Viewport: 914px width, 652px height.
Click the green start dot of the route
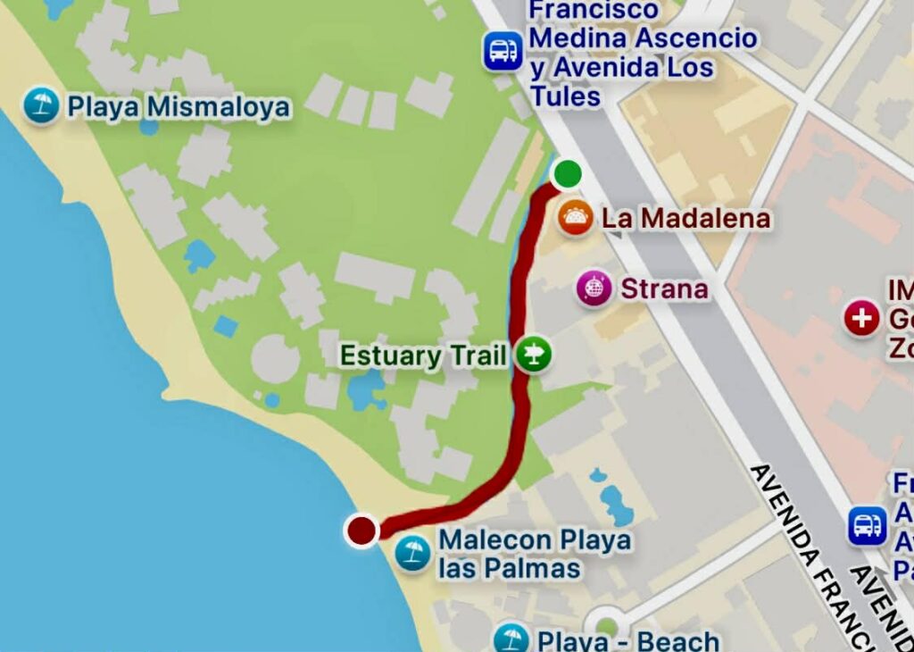(x=567, y=172)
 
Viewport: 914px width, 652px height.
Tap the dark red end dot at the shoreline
(x=361, y=531)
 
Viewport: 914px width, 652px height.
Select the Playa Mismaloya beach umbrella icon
(x=41, y=106)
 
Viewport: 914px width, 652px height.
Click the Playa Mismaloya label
(x=179, y=107)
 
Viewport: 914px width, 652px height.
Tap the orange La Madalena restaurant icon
(x=575, y=218)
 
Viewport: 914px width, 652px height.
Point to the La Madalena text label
(x=685, y=218)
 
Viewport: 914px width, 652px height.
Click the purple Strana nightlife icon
(x=594, y=288)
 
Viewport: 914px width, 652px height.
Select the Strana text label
(x=664, y=288)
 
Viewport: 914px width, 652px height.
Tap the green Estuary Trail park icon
(x=533, y=355)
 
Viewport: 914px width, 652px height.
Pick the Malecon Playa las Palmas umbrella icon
(x=412, y=553)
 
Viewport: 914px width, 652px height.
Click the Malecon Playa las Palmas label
(x=534, y=554)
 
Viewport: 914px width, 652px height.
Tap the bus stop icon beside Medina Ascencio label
(x=503, y=50)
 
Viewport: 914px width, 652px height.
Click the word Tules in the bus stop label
(x=566, y=96)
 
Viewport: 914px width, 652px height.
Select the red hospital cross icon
(x=861, y=319)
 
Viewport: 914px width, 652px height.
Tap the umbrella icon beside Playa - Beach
(x=511, y=639)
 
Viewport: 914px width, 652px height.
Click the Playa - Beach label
(x=628, y=640)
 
